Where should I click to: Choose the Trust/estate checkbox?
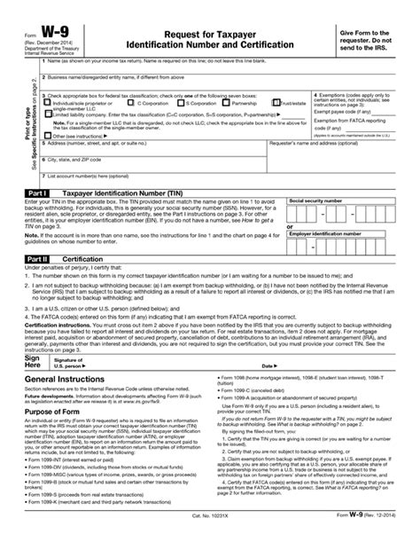tap(275, 103)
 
